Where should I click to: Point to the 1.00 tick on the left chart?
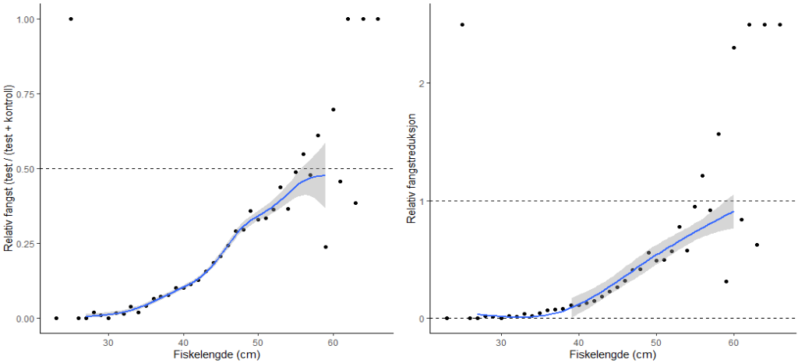[x=26, y=19]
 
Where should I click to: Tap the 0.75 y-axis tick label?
[x=26, y=93]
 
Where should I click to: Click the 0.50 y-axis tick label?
[x=26, y=168]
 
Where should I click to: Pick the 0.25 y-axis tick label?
[x=26, y=243]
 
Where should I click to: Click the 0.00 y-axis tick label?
[x=26, y=318]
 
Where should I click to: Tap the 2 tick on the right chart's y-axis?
[x=422, y=83]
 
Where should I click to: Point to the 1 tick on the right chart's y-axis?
[x=422, y=201]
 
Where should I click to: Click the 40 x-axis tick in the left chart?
[x=184, y=340]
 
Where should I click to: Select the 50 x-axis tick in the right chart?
[x=656, y=340]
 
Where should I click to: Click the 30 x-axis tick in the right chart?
[x=501, y=340]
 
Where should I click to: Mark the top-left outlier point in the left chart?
[x=71, y=19]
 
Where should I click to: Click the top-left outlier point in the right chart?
[x=462, y=24]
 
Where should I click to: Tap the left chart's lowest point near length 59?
[x=326, y=247]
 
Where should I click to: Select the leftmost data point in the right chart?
[x=447, y=318]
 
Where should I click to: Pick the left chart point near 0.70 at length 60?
[x=333, y=109]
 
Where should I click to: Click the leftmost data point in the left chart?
[x=56, y=318]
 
